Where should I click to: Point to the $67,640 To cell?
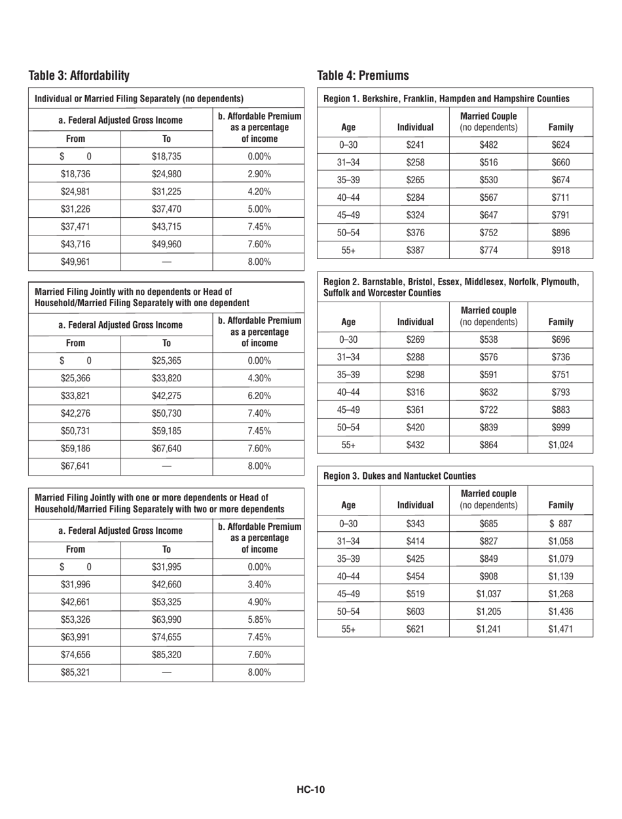coord(167,430)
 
